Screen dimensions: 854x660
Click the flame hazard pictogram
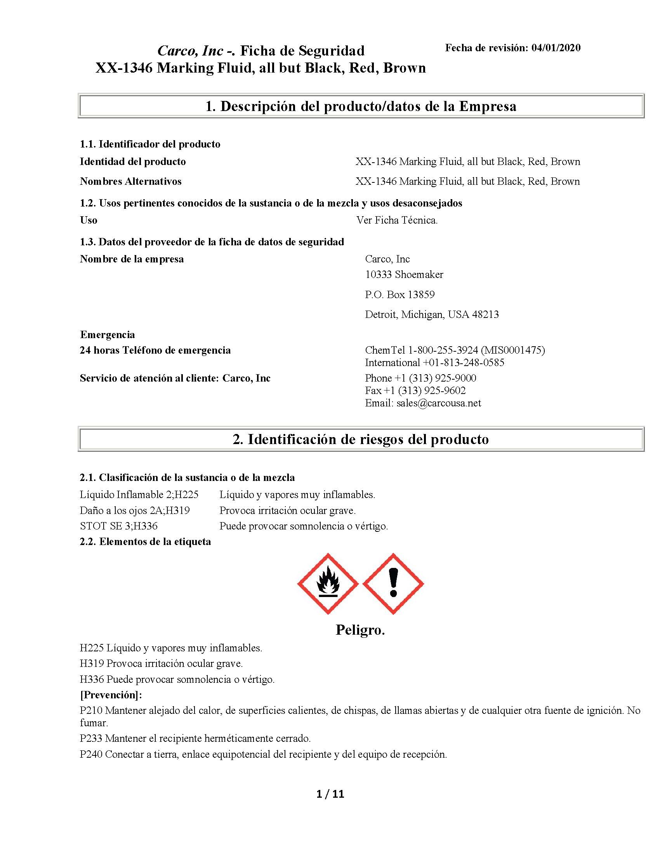[328, 584]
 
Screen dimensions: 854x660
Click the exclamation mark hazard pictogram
[393, 584]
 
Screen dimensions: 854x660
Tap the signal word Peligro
[360, 630]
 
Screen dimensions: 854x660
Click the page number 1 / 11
[330, 794]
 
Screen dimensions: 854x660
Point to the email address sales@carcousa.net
[438, 403]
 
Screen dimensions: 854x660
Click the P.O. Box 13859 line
[399, 295]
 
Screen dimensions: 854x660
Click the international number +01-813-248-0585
[463, 363]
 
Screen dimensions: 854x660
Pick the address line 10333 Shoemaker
[404, 274]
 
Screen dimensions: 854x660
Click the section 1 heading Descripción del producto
[361, 106]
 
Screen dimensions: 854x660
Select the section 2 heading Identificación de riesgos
[361, 439]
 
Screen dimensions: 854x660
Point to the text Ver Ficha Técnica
[397, 220]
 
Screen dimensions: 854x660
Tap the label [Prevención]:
[111, 695]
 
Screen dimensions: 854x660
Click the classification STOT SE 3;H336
[118, 526]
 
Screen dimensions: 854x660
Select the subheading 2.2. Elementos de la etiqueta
[145, 542]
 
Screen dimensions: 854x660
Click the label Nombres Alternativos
[130, 181]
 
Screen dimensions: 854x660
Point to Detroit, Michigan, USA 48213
[432, 314]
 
